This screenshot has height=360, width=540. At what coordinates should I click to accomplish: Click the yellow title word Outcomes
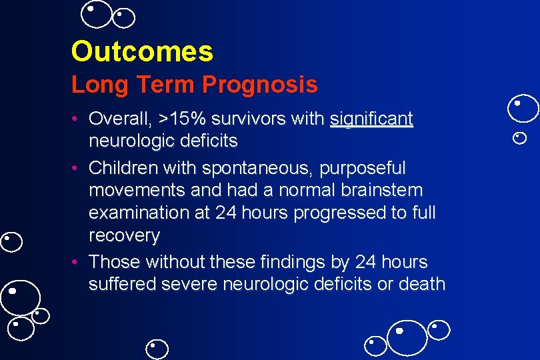(142, 51)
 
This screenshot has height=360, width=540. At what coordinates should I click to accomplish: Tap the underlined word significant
(371, 119)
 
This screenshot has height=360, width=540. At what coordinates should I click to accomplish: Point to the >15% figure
(183, 119)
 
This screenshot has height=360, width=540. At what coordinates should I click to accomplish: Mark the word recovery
(124, 236)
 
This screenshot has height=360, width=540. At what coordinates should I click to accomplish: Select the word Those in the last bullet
(113, 261)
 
